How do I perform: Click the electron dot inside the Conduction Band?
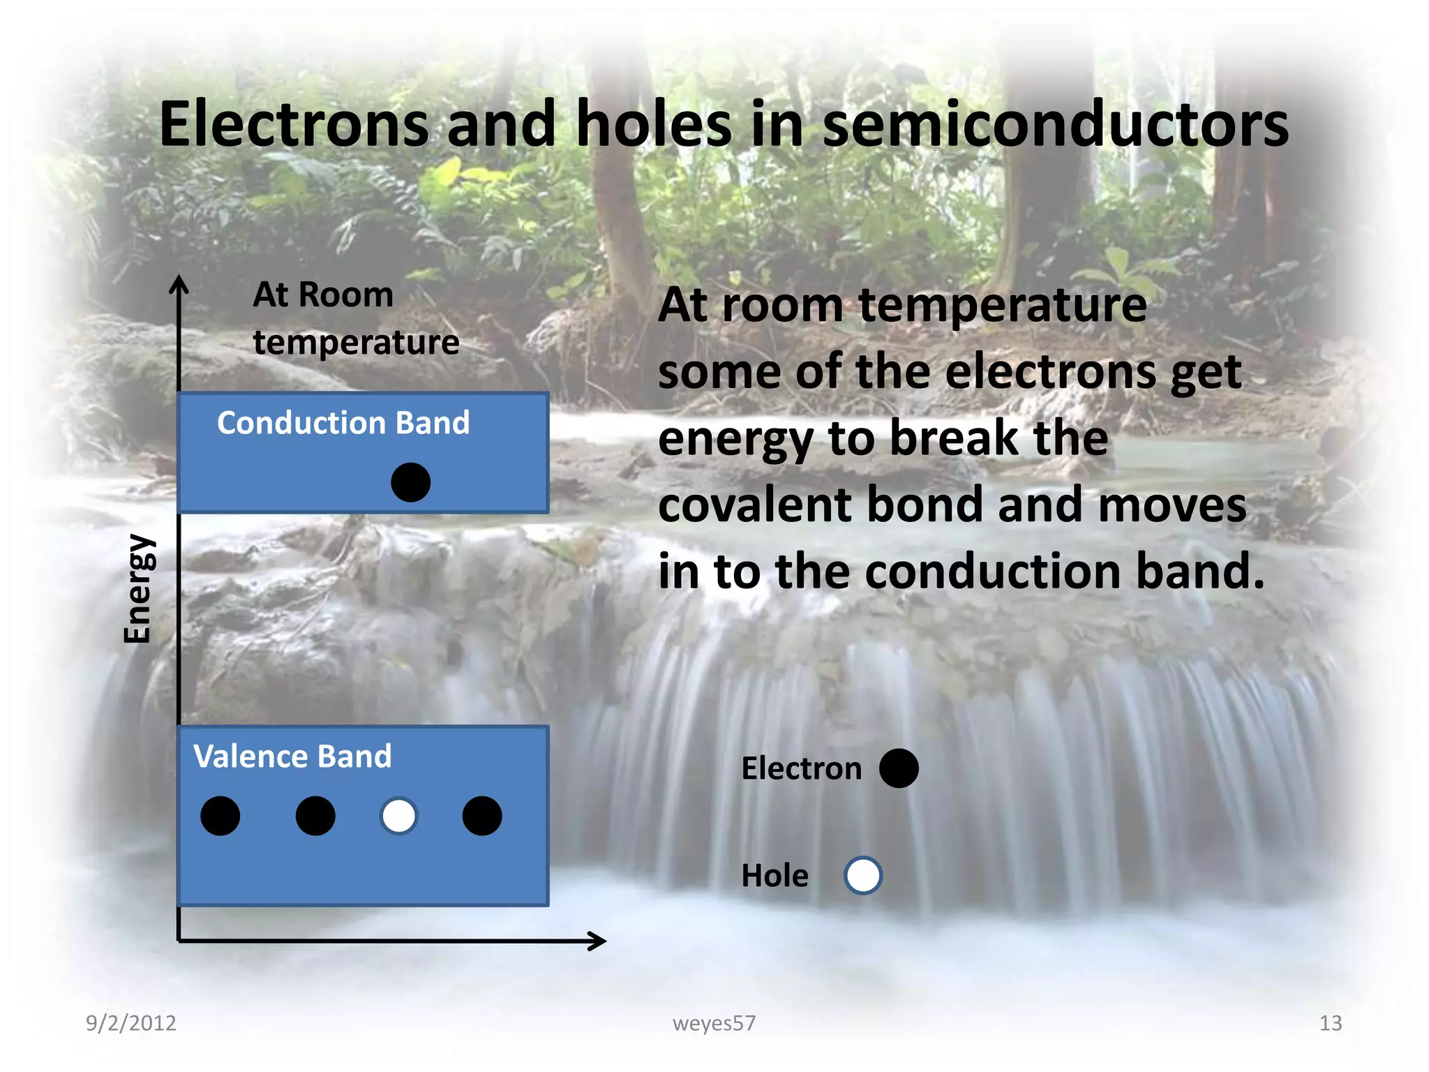[410, 482]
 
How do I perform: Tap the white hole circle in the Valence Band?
[398, 816]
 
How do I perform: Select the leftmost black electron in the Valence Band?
[220, 816]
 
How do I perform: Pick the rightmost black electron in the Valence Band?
[482, 816]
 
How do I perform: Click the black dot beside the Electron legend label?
[899, 768]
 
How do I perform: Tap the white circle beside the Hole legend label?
[863, 875]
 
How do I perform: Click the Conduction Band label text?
[343, 423]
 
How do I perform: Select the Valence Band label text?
[292, 757]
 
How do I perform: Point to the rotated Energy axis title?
[137, 588]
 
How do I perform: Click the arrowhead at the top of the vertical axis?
[179, 282]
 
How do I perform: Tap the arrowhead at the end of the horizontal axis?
[599, 941]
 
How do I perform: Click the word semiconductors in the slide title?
[1055, 124]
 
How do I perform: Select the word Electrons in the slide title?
[294, 124]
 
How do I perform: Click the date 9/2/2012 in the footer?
[131, 1022]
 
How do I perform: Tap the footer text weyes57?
[714, 1022]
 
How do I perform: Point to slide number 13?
[1330, 1022]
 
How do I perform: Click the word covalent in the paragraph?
[754, 505]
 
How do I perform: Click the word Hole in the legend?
[775, 875]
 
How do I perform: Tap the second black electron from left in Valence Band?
[315, 816]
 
